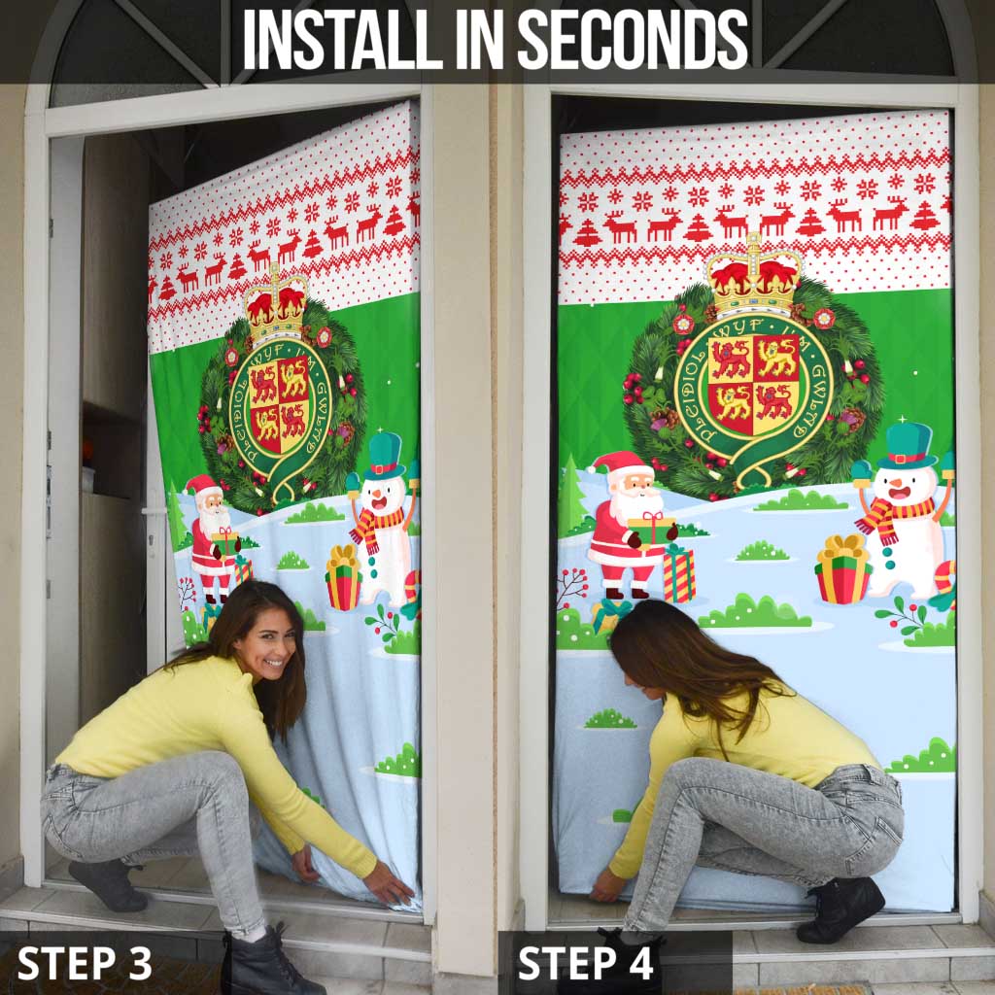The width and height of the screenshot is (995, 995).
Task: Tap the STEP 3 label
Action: coord(85,963)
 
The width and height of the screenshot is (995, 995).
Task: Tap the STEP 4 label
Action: coord(585,963)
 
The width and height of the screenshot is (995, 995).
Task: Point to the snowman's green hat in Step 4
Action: coord(906,445)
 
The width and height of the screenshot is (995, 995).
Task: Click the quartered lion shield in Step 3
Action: coord(279,400)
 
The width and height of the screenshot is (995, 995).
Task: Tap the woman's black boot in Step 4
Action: coord(841,909)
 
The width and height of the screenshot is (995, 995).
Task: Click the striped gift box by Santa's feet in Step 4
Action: coord(678,573)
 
